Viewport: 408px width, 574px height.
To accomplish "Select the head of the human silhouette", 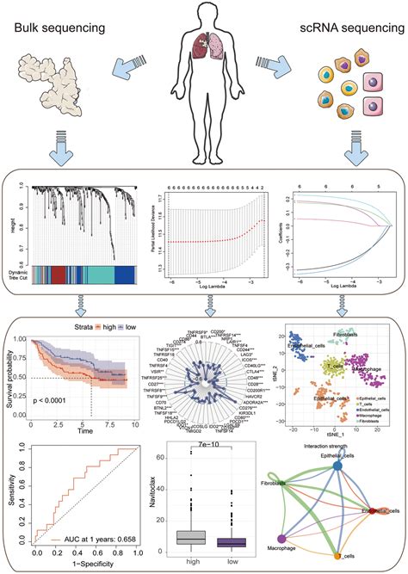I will [x=203, y=15].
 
